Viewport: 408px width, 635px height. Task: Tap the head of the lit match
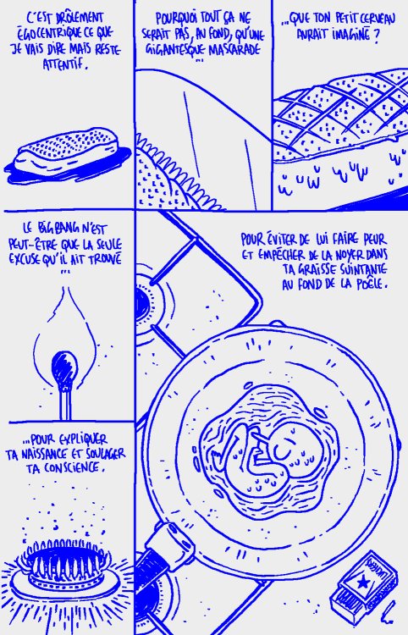click(x=64, y=362)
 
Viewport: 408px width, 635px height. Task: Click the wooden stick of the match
click(x=65, y=402)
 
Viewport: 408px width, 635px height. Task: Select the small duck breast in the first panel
click(x=67, y=151)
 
